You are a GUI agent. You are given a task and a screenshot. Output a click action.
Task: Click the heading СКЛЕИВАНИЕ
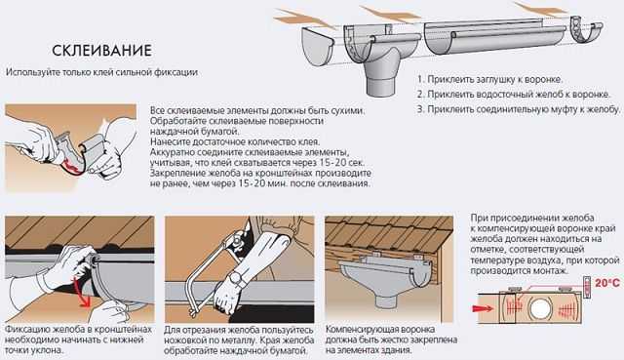click(x=101, y=51)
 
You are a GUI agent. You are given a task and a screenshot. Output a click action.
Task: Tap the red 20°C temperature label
click(x=607, y=283)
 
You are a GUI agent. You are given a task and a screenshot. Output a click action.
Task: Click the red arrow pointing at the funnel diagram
click(x=483, y=308)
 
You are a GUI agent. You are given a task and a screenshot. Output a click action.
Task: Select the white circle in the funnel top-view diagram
click(x=539, y=308)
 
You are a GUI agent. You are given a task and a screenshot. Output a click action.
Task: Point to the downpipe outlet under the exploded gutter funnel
click(x=381, y=85)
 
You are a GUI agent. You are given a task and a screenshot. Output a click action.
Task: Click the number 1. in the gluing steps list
click(x=420, y=79)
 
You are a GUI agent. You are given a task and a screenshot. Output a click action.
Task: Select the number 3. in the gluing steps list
click(x=421, y=109)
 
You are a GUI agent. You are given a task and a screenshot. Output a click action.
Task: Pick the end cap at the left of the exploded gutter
click(x=317, y=47)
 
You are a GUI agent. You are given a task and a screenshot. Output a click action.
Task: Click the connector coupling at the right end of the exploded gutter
click(x=586, y=29)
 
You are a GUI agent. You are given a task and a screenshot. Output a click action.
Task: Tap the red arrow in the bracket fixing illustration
click(x=82, y=292)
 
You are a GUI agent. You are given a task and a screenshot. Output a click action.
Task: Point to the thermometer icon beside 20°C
click(x=588, y=286)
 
